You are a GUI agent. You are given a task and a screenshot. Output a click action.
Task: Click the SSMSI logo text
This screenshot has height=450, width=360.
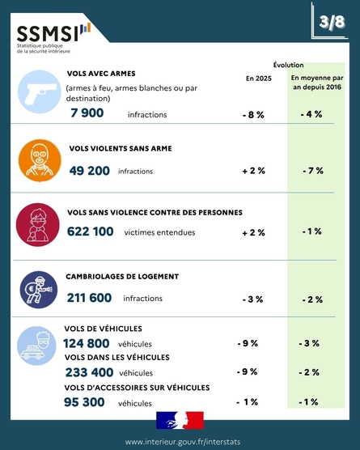click(x=48, y=33)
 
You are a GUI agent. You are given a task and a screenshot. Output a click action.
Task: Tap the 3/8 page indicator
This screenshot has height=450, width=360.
click(x=332, y=22)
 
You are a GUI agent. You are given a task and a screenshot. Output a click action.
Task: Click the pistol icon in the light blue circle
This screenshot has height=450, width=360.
click(x=40, y=92)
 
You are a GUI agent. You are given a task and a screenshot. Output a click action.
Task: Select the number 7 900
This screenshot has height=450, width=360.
click(x=87, y=112)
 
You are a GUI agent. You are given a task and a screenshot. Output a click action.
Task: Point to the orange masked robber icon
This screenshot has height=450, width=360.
click(x=40, y=161)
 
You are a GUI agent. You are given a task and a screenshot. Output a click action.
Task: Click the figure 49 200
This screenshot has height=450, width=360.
click(x=90, y=171)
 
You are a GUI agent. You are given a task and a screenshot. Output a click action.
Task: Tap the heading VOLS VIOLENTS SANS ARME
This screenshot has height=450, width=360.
click(x=121, y=148)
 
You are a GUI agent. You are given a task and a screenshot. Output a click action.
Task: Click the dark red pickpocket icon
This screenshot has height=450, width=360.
click(x=37, y=225)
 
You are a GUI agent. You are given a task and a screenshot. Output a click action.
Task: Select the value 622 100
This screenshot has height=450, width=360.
click(x=91, y=231)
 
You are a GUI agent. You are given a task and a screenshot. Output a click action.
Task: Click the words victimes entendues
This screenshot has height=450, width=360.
click(x=159, y=232)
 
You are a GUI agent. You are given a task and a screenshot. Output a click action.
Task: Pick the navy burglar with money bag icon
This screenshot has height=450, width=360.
click(x=39, y=290)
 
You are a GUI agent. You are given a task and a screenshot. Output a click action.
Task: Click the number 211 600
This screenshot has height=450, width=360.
click(x=89, y=298)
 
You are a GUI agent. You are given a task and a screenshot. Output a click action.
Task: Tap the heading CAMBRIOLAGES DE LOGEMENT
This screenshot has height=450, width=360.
click(x=122, y=276)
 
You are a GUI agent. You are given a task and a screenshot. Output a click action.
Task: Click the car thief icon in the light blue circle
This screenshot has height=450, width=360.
click(x=36, y=346)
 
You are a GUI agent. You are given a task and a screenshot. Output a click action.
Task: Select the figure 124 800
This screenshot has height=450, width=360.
click(x=87, y=343)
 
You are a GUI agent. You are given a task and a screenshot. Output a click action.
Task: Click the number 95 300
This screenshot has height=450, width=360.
click(x=84, y=402)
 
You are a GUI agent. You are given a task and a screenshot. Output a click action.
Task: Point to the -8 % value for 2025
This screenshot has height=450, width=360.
click(x=253, y=115)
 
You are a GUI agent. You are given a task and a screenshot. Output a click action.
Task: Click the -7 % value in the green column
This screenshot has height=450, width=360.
click(x=313, y=171)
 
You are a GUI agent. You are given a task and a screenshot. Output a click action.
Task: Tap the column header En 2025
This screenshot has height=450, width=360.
click(x=258, y=79)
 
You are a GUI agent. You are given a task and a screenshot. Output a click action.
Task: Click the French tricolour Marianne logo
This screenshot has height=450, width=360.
click(x=180, y=420)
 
